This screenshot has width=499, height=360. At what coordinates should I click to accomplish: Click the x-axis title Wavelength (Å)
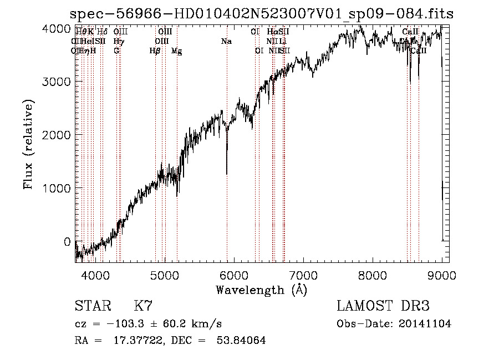[x=261, y=290]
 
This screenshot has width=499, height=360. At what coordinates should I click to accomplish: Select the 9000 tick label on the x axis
[x=442, y=275]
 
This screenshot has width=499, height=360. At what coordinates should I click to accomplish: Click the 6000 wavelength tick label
[x=235, y=275]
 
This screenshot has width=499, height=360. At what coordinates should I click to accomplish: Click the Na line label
[x=226, y=42]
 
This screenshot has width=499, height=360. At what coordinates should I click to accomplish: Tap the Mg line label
[x=177, y=51]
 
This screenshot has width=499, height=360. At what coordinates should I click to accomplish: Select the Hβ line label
[x=155, y=51]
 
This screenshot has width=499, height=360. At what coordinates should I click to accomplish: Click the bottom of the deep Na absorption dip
[x=227, y=174]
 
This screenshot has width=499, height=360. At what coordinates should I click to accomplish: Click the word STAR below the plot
[x=92, y=306]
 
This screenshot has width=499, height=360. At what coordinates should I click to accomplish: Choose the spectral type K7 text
[x=143, y=306]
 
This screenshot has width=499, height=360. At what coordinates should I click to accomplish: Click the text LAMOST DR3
[x=383, y=306]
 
